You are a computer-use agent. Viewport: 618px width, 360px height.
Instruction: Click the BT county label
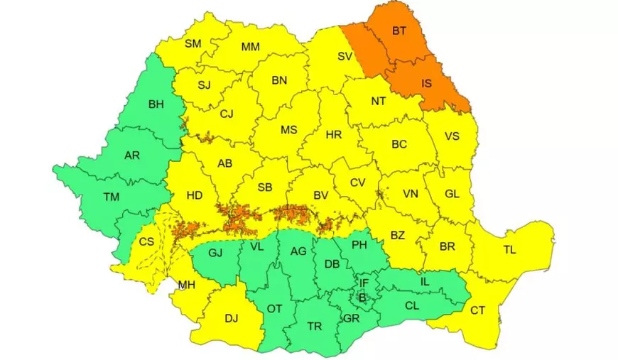tap(400, 31)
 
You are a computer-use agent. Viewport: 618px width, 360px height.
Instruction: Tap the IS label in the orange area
tap(426, 83)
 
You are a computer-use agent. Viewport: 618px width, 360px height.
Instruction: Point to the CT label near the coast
tap(478, 310)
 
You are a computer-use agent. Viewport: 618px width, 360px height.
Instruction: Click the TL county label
tap(510, 249)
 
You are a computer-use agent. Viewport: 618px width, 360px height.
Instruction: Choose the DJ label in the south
tap(231, 318)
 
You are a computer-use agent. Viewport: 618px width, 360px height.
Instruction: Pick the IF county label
tap(364, 283)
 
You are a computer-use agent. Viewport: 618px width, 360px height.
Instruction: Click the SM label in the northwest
tap(193, 43)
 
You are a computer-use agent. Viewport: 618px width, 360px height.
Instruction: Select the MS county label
tap(288, 130)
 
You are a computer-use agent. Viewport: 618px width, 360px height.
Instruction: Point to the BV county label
tap(320, 195)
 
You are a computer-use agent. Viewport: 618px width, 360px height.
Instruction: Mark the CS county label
tap(146, 241)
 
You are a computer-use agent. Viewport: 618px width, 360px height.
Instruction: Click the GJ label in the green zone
tap(216, 252)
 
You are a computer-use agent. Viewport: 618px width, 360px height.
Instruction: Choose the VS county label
tap(452, 136)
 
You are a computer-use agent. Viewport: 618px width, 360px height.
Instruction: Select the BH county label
tap(156, 104)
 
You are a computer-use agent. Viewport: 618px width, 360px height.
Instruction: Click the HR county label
tap(333, 135)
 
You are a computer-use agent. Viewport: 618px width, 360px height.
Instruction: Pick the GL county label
tap(452, 193)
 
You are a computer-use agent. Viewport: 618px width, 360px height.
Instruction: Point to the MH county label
tap(187, 285)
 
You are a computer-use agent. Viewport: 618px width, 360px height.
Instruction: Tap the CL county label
tap(411, 306)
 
